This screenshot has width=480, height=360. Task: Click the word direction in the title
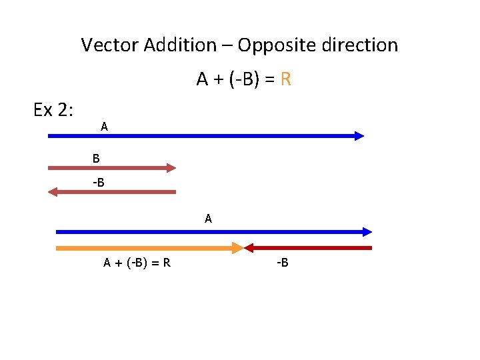point(358,45)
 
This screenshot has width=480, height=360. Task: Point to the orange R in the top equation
point(286,80)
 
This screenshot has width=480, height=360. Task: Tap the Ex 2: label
point(53,110)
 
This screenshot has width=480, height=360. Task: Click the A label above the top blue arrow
point(105,126)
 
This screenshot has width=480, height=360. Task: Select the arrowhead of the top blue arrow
point(359,136)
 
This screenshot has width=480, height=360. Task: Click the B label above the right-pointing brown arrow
point(96,159)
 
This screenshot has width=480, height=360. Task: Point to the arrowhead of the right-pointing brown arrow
point(171,168)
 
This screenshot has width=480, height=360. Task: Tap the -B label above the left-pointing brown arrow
point(98,182)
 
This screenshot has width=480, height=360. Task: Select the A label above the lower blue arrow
point(209,218)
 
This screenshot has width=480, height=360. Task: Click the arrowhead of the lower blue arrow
point(367,232)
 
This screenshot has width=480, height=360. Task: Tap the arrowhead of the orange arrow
point(237,248)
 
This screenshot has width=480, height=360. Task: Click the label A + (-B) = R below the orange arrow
point(137,263)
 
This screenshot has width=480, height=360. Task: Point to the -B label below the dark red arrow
point(282,263)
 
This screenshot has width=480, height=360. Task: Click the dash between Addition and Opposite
point(227,46)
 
